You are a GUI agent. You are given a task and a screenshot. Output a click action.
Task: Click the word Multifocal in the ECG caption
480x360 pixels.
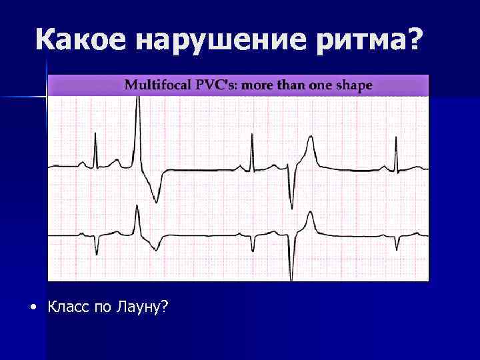[x=155, y=85]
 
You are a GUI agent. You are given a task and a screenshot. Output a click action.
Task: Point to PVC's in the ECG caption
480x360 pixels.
[x=210, y=85]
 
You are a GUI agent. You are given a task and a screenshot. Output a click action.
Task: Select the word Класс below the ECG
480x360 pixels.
[x=69, y=307]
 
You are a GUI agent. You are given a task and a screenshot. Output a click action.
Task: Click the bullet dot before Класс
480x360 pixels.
[x=33, y=307]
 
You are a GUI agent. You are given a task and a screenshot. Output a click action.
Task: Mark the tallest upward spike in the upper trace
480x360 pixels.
[x=138, y=100]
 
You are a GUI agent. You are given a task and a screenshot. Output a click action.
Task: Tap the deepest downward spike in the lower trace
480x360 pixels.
[x=291, y=275]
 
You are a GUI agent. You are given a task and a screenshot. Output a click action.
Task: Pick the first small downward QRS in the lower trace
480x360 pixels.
[x=97, y=251]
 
